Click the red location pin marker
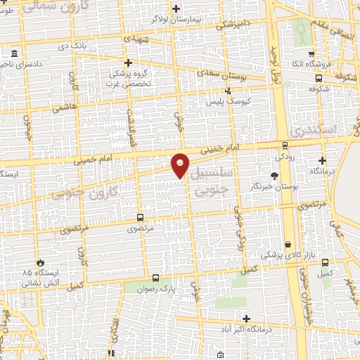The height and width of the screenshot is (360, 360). [181, 165]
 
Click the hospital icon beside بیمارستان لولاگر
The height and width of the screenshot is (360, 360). [176, 8]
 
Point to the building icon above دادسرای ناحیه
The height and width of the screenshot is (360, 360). [15, 53]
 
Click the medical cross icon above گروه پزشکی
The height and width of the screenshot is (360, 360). [128, 63]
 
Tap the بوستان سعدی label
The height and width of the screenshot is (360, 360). [219, 72]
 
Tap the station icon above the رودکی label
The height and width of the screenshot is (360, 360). [284, 146]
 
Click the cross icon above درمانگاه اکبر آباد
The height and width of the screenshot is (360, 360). [246, 319]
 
